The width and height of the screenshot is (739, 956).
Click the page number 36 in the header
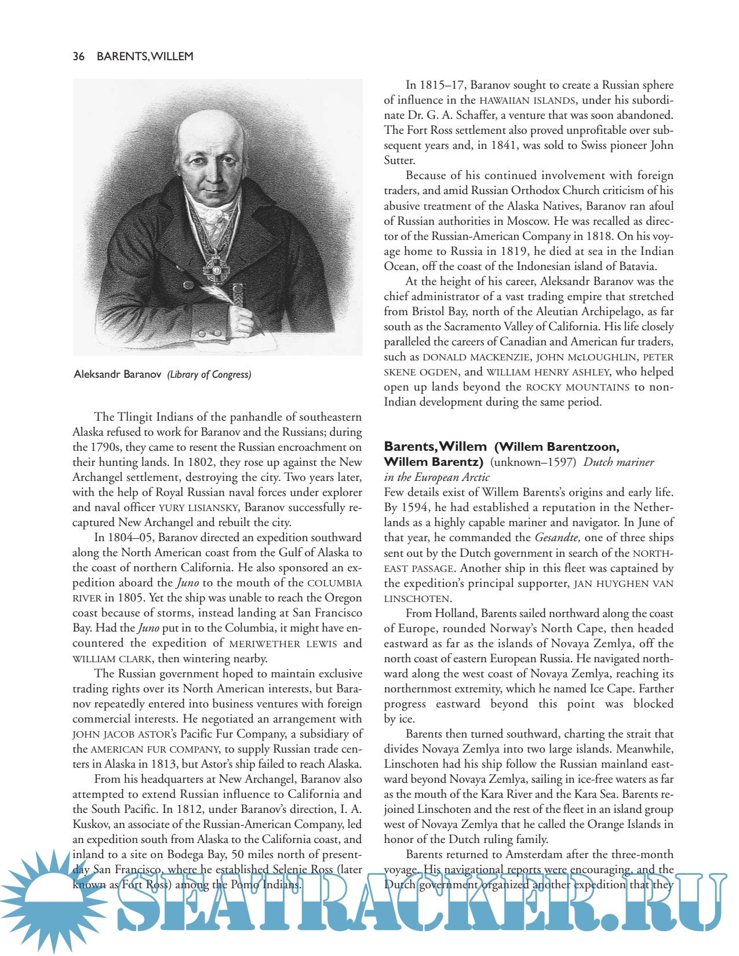78,56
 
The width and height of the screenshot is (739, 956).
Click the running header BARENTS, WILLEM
145,56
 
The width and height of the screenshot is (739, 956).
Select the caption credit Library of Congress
209,374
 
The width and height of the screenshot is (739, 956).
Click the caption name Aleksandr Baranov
118,374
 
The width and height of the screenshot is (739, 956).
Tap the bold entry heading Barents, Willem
435,447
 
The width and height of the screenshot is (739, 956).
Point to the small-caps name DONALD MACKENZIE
475,357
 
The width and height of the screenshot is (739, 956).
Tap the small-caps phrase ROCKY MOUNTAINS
577,387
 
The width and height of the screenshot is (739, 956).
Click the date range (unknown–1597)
533,462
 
